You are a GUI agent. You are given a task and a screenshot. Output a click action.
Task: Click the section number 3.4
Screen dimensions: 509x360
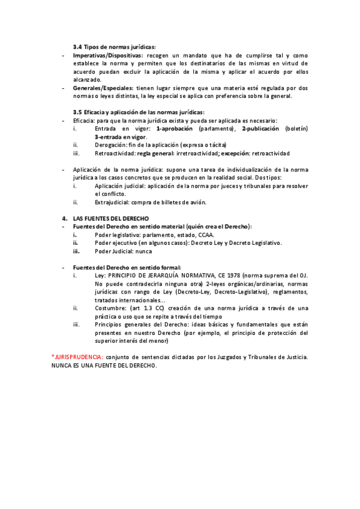point(77,47)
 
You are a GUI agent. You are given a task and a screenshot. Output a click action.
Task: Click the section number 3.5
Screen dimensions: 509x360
point(77,112)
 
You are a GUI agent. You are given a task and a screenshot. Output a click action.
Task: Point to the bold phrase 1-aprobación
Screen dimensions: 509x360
point(174,128)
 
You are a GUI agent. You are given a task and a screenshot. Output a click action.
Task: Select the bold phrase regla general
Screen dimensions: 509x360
point(158,153)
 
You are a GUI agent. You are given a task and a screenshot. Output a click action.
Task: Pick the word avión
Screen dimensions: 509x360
point(188,202)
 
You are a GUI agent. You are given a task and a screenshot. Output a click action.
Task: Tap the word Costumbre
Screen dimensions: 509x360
point(110,308)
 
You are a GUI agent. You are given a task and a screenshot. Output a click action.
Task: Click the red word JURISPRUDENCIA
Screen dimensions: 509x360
point(79,357)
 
